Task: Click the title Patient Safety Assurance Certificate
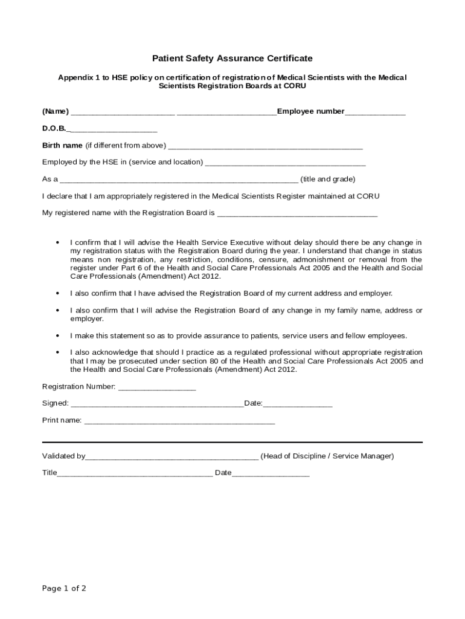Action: pyautogui.click(x=232, y=58)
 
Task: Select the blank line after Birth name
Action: pyautogui.click(x=265, y=147)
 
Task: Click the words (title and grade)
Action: pyautogui.click(x=328, y=179)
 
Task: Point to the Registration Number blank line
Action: pyautogui.click(x=157, y=388)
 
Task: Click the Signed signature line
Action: pyautogui.click(x=157, y=405)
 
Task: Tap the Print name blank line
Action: pyautogui.click(x=179, y=422)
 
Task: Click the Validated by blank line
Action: pyautogui.click(x=172, y=458)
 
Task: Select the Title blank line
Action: pyautogui.click(x=135, y=475)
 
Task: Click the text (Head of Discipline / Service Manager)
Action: pyautogui.click(x=327, y=456)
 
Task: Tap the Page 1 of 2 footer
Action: pyautogui.click(x=64, y=588)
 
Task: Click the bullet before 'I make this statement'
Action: pyautogui.click(x=57, y=335)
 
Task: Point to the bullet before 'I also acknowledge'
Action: pyautogui.click(x=57, y=352)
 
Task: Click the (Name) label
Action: pyautogui.click(x=56, y=111)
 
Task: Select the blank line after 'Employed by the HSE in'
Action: pyautogui.click(x=286, y=164)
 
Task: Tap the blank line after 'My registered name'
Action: pyautogui.click(x=297, y=215)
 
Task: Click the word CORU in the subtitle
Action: pyautogui.click(x=295, y=86)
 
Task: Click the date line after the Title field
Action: pyautogui.click(x=271, y=475)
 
